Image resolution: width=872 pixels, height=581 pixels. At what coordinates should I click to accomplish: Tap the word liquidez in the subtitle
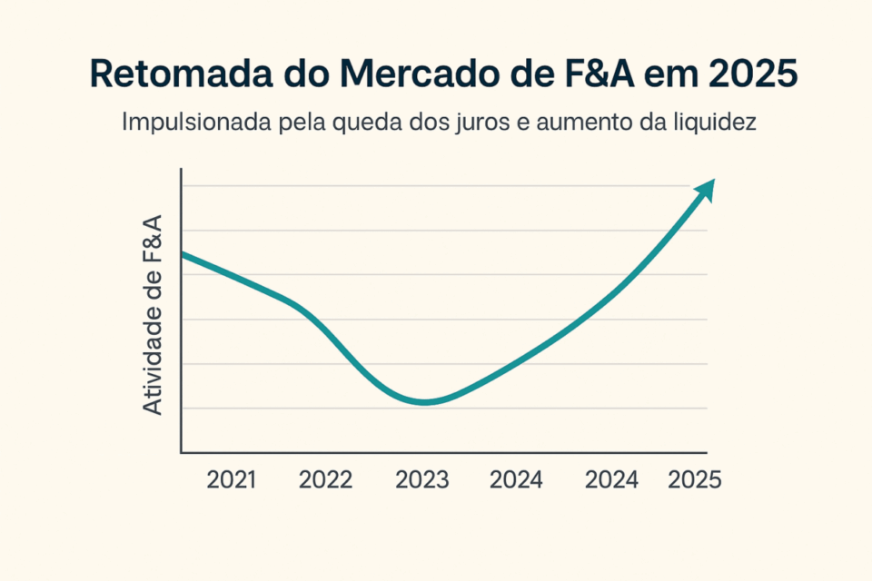click(x=718, y=123)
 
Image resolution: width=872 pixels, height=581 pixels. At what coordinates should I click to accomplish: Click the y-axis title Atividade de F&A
click(x=154, y=315)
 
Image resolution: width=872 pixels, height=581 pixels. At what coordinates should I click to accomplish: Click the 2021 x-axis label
click(x=232, y=480)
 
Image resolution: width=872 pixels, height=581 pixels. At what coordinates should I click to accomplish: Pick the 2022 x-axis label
click(x=325, y=480)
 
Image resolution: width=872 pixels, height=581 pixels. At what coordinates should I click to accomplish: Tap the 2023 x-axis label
click(x=422, y=480)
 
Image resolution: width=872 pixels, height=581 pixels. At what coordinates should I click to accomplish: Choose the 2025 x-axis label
click(x=695, y=480)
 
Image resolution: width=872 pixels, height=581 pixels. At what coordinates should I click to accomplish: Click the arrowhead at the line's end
click(x=706, y=189)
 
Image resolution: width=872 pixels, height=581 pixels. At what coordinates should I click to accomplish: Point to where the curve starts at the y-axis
click(x=183, y=254)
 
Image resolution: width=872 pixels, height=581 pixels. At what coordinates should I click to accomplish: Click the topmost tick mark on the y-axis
click(x=183, y=186)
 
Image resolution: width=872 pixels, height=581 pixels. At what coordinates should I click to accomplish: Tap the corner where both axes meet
click(x=183, y=452)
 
